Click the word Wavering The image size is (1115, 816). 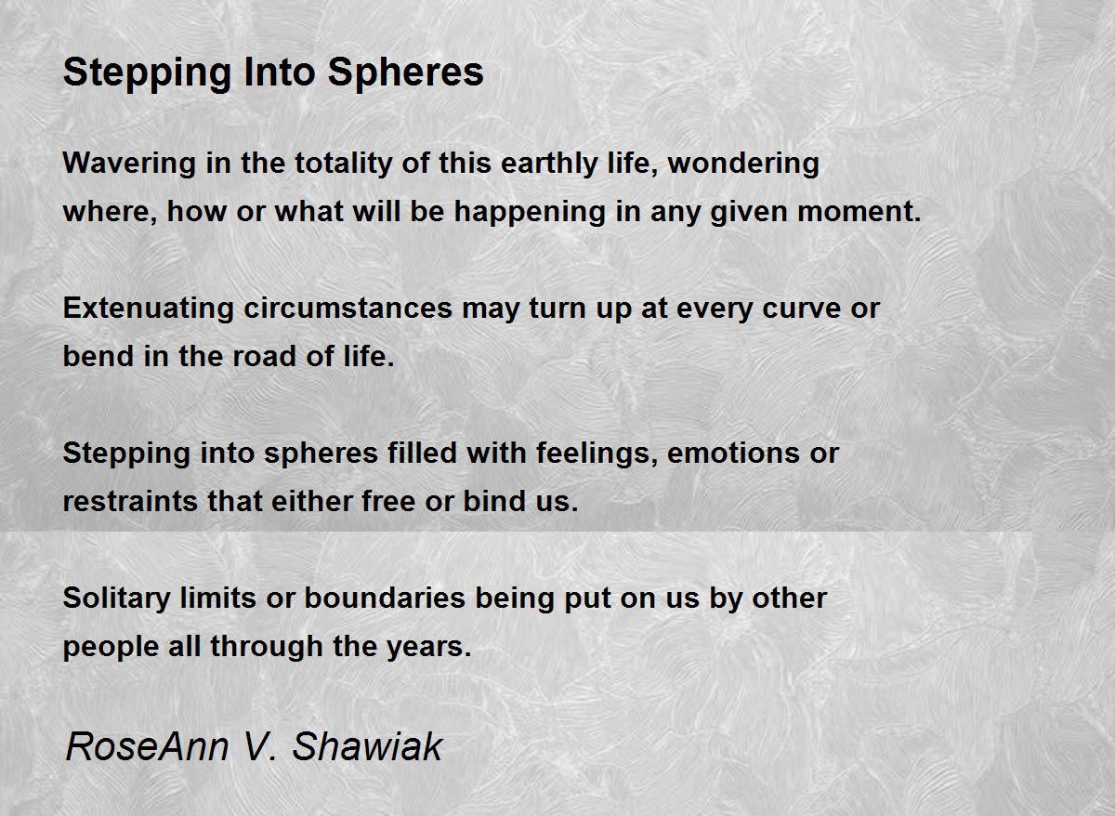click(x=129, y=165)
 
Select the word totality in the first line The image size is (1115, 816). click(x=344, y=165)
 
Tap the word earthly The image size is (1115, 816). click(x=548, y=165)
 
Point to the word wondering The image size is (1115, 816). click(x=743, y=165)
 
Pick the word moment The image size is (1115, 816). click(x=859, y=212)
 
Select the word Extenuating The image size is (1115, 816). click(x=149, y=309)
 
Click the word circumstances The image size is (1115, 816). click(x=348, y=309)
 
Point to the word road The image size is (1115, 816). click(x=264, y=357)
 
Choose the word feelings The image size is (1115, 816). click(x=597, y=454)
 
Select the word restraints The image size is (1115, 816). click(x=130, y=502)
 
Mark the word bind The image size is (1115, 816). click(x=494, y=501)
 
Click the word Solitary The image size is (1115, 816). click(x=116, y=599)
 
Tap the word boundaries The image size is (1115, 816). click(x=385, y=598)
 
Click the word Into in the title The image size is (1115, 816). click(x=280, y=72)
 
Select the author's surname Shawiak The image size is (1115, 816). click(x=367, y=747)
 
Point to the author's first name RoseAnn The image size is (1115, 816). click(x=148, y=747)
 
